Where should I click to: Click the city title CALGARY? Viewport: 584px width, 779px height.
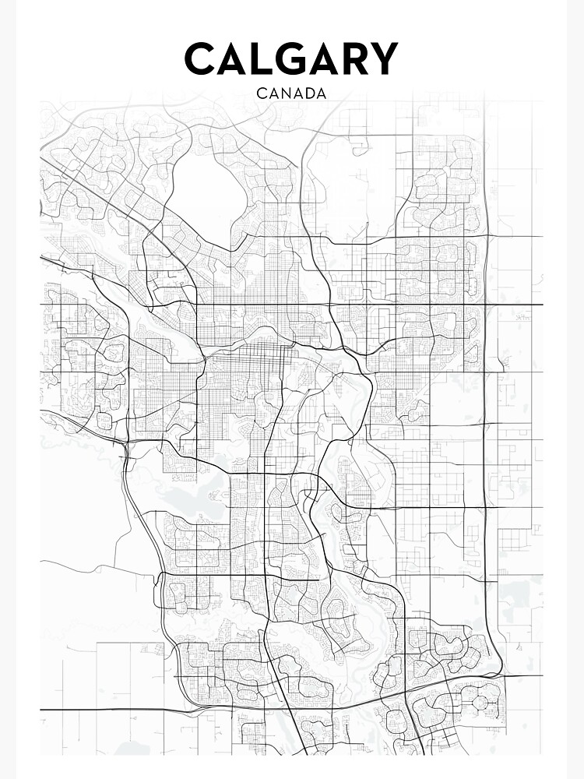pyautogui.click(x=291, y=59)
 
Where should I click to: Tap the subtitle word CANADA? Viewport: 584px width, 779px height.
pyautogui.click(x=291, y=93)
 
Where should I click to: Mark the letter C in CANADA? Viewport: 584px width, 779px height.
pyautogui.click(x=261, y=93)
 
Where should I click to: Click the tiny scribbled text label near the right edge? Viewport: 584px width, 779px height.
pyautogui.click(x=519, y=316)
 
